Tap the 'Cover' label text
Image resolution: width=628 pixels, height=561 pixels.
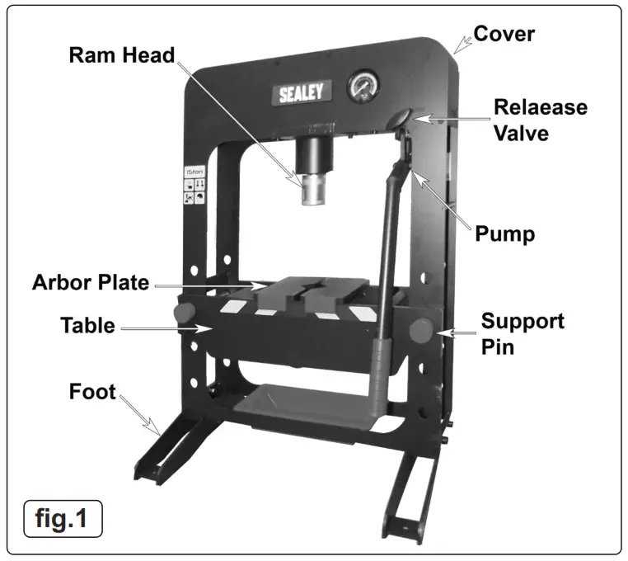(x=504, y=34)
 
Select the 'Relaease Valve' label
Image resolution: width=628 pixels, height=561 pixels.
(x=541, y=120)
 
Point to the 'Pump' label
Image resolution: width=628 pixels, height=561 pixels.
(x=505, y=233)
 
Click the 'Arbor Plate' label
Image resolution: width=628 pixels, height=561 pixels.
(x=91, y=283)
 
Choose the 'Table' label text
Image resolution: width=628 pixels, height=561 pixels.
(x=87, y=325)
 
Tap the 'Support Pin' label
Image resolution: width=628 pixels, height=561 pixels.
(x=523, y=332)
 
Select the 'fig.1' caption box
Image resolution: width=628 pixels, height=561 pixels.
(x=63, y=520)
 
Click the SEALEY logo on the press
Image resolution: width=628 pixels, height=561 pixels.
(x=301, y=92)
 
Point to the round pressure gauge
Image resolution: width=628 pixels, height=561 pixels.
(x=363, y=87)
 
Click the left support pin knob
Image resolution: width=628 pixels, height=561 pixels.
(x=184, y=315)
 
